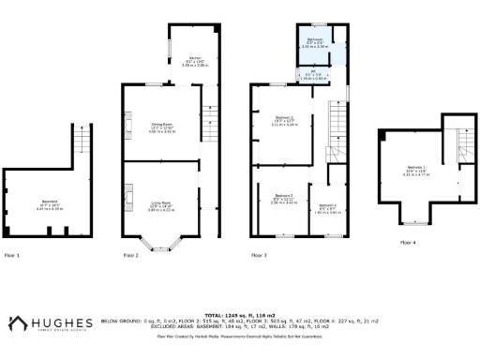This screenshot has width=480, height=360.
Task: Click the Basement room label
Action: tap(48, 202)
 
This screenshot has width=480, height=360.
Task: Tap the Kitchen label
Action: tap(194, 58)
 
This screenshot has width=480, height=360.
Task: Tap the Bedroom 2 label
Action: tap(283, 199)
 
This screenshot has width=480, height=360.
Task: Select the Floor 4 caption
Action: tap(408, 242)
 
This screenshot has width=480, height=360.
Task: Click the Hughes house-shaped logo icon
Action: tap(16, 323)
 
